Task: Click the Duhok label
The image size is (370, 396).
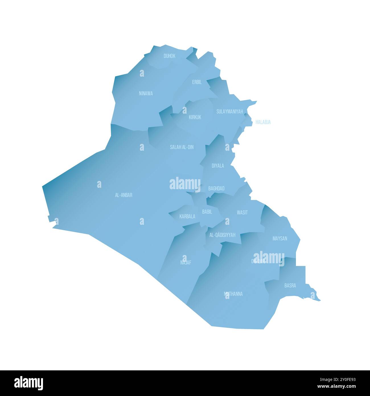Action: (169, 56)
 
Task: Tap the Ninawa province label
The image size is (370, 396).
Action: (146, 93)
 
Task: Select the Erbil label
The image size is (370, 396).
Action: (197, 82)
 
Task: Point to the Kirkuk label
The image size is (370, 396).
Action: (195, 117)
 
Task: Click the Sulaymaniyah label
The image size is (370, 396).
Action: (230, 112)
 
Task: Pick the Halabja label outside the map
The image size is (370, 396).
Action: (263, 122)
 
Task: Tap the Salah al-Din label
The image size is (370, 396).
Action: (182, 147)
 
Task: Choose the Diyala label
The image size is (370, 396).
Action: (218, 166)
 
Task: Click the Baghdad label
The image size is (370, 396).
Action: (216, 188)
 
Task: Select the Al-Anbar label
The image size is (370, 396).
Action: (124, 195)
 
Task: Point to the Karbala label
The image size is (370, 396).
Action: (187, 217)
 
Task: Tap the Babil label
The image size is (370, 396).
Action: (207, 212)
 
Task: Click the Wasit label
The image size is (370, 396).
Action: (242, 212)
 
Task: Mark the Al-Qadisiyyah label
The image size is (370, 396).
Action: (222, 235)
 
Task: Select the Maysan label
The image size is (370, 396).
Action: (280, 238)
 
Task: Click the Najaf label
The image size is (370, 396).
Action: (186, 262)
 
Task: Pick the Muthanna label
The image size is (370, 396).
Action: (233, 294)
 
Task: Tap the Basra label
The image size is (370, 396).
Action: (290, 285)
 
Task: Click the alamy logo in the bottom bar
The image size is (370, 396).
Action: (29, 383)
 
